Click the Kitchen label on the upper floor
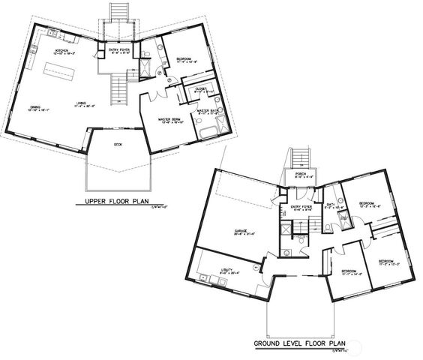[61, 51]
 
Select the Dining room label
[35, 107]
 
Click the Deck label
[118, 144]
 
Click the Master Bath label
[207, 111]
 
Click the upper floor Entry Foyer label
[120, 49]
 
